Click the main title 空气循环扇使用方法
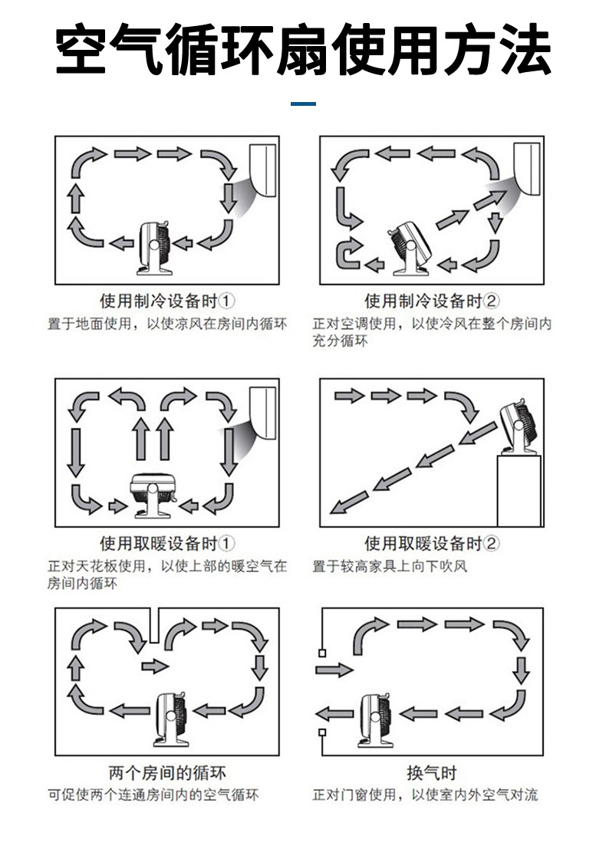(303, 50)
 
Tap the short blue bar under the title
(305, 104)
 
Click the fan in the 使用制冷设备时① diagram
(158, 247)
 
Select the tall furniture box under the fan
(519, 491)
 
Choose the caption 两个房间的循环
(168, 772)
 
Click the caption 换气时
(431, 772)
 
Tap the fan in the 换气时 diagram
(375, 717)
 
